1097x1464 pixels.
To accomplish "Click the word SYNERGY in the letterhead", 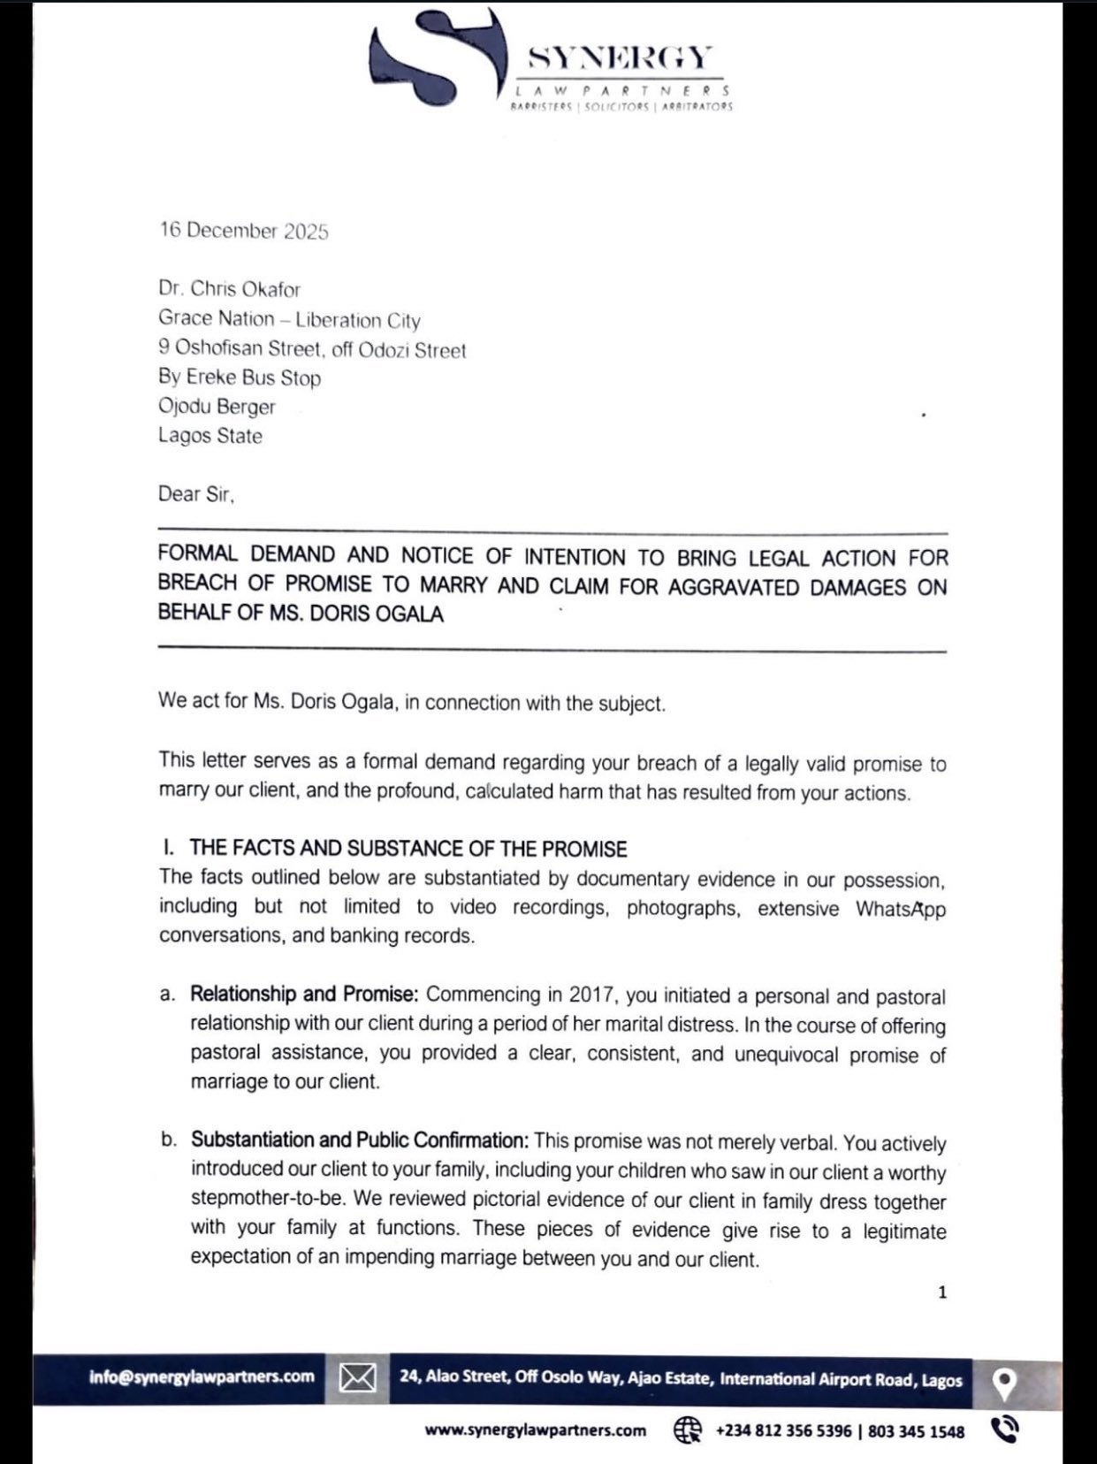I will click(618, 58).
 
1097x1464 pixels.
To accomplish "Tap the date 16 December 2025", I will click(244, 231).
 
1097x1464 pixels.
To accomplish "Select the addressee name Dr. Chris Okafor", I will click(230, 289).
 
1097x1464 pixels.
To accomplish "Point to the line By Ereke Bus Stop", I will click(240, 377).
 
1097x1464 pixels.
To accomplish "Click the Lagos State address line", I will click(210, 436).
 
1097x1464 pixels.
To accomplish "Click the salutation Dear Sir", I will click(196, 494).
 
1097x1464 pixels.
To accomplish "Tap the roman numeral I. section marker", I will click(168, 849).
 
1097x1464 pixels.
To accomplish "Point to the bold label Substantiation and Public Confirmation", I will click(360, 1140).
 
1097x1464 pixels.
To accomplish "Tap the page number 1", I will click(942, 1292).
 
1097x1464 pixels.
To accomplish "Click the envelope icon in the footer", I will click(357, 1377).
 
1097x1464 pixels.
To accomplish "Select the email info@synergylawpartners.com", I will click(202, 1376).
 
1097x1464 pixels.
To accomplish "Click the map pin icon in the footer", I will click(1004, 1383).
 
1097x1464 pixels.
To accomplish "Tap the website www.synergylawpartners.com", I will click(535, 1430).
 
